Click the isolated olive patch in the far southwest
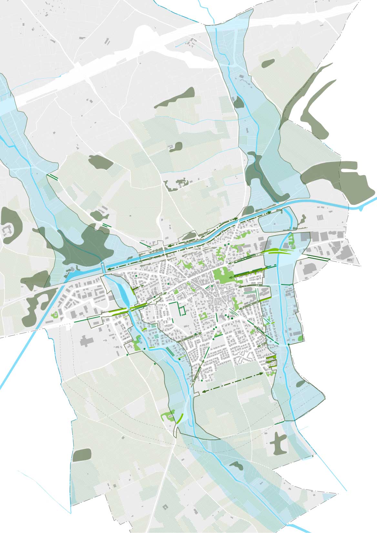(82, 455)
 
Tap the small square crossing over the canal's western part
(103, 267)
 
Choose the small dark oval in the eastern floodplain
(301, 384)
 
